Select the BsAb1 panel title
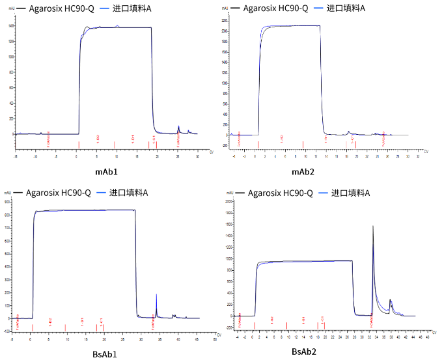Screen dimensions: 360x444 point(107,354)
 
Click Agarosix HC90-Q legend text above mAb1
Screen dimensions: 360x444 point(59,8)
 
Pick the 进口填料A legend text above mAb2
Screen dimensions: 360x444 point(348,8)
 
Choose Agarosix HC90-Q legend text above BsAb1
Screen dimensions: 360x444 point(60,193)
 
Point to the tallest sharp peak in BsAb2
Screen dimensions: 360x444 point(372,227)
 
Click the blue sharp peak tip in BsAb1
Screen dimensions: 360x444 point(156,295)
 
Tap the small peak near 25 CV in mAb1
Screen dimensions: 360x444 point(178,127)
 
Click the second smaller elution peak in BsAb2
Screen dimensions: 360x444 point(391,300)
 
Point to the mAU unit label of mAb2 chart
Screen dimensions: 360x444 point(225,8)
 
